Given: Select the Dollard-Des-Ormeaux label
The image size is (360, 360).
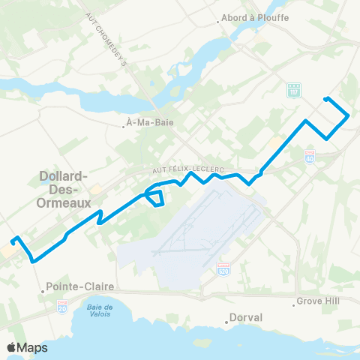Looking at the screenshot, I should click(x=64, y=190).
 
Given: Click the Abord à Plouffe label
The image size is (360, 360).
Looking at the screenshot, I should click(x=250, y=20).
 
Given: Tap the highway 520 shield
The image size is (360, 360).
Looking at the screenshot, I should click(x=223, y=268).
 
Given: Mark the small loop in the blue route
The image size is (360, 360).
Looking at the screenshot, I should click(x=156, y=198).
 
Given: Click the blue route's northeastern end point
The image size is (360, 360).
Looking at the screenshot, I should click(x=325, y=99).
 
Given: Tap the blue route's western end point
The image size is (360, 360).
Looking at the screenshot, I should click(x=13, y=241).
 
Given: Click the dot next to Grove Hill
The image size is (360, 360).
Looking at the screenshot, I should click(x=294, y=304).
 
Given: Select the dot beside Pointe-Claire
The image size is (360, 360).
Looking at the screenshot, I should click(x=43, y=286).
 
